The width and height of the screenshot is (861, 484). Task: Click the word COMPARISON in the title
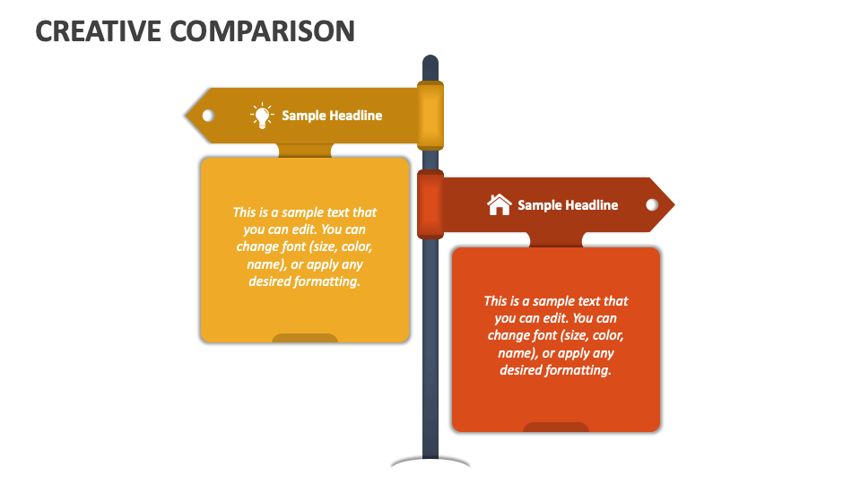click(x=262, y=30)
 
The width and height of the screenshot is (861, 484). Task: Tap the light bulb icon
click(x=261, y=116)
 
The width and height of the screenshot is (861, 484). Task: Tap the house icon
click(x=499, y=204)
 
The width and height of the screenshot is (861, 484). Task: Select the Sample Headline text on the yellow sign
click(x=332, y=116)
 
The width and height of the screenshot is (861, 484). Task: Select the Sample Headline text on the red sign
click(x=568, y=205)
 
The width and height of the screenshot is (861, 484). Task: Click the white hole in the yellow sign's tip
click(x=208, y=116)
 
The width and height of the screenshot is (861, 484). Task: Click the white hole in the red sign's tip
click(x=652, y=205)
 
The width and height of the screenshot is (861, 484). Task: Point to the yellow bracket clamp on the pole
click(x=430, y=115)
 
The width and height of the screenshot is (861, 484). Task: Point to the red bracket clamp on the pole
click(x=430, y=204)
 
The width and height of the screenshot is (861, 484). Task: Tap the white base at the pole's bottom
click(x=430, y=462)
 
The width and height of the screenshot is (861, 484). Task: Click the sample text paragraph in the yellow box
click(x=305, y=246)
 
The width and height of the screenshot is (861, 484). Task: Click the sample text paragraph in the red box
click(x=556, y=335)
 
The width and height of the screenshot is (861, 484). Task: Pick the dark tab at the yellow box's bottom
click(x=305, y=338)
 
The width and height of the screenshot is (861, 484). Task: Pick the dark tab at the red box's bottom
click(x=556, y=427)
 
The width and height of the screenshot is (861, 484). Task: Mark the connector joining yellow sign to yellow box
click(x=305, y=151)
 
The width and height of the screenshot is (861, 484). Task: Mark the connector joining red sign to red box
click(x=556, y=239)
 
